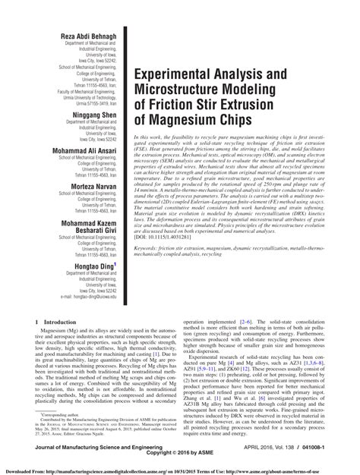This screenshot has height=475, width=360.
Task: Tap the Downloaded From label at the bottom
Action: click(20, 470)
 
